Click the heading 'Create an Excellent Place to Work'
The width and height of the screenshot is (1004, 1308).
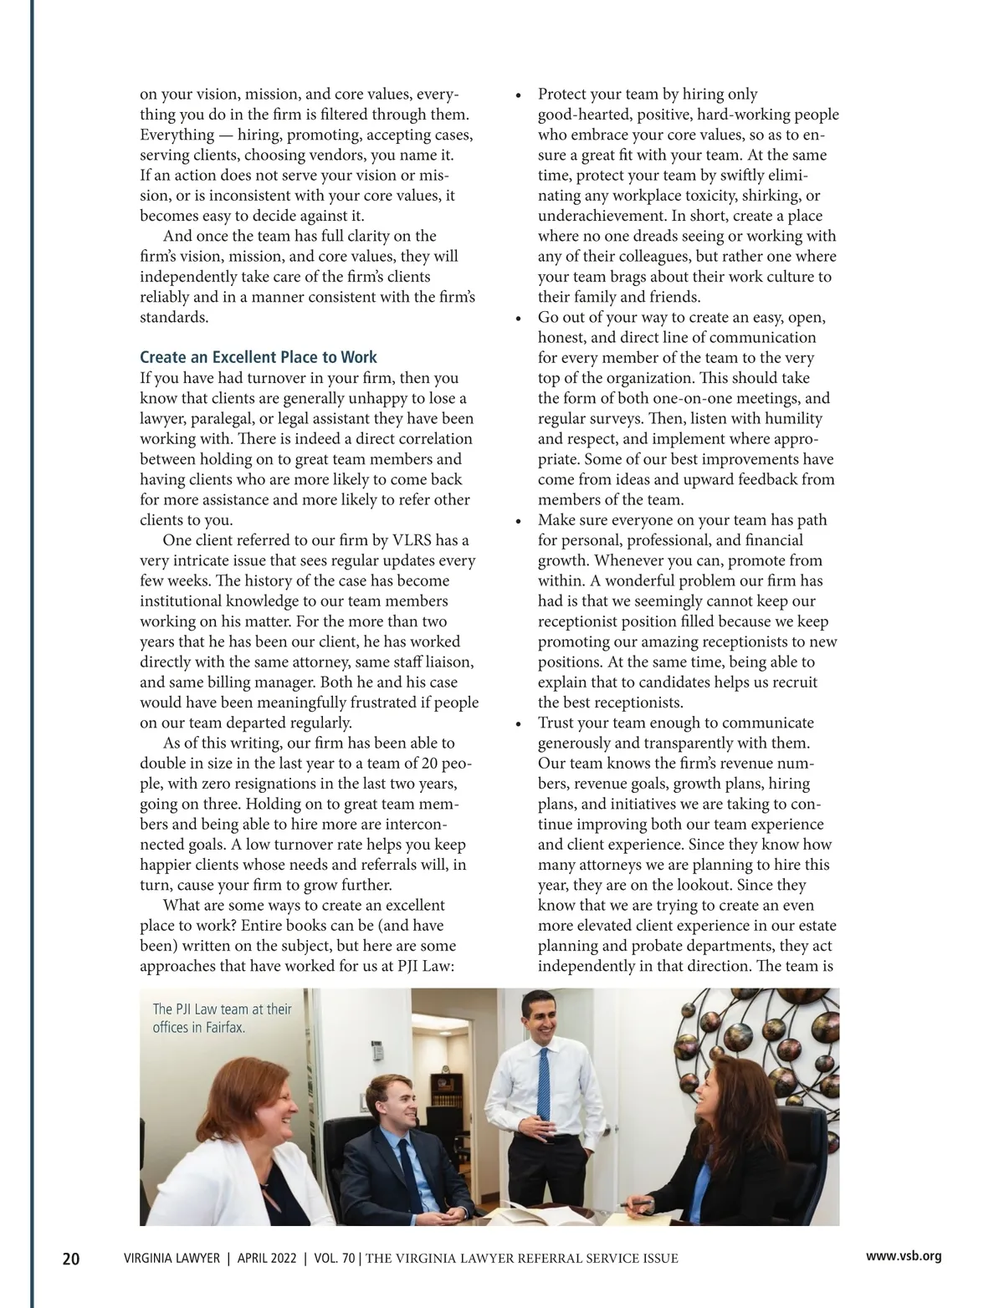click(x=259, y=357)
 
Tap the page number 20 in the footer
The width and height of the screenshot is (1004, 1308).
click(x=72, y=1258)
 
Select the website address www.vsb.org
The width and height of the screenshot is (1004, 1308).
click(x=904, y=1256)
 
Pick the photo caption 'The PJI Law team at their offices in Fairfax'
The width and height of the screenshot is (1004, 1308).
click(x=222, y=1018)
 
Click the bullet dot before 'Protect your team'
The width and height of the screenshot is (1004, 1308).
click(x=519, y=95)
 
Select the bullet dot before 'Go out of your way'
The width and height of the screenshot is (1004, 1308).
click(x=519, y=319)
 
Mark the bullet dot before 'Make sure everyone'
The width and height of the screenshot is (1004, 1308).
click(x=519, y=521)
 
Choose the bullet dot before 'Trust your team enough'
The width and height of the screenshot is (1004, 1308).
click(x=519, y=723)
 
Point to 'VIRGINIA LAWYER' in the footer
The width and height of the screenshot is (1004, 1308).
click(x=172, y=1258)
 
